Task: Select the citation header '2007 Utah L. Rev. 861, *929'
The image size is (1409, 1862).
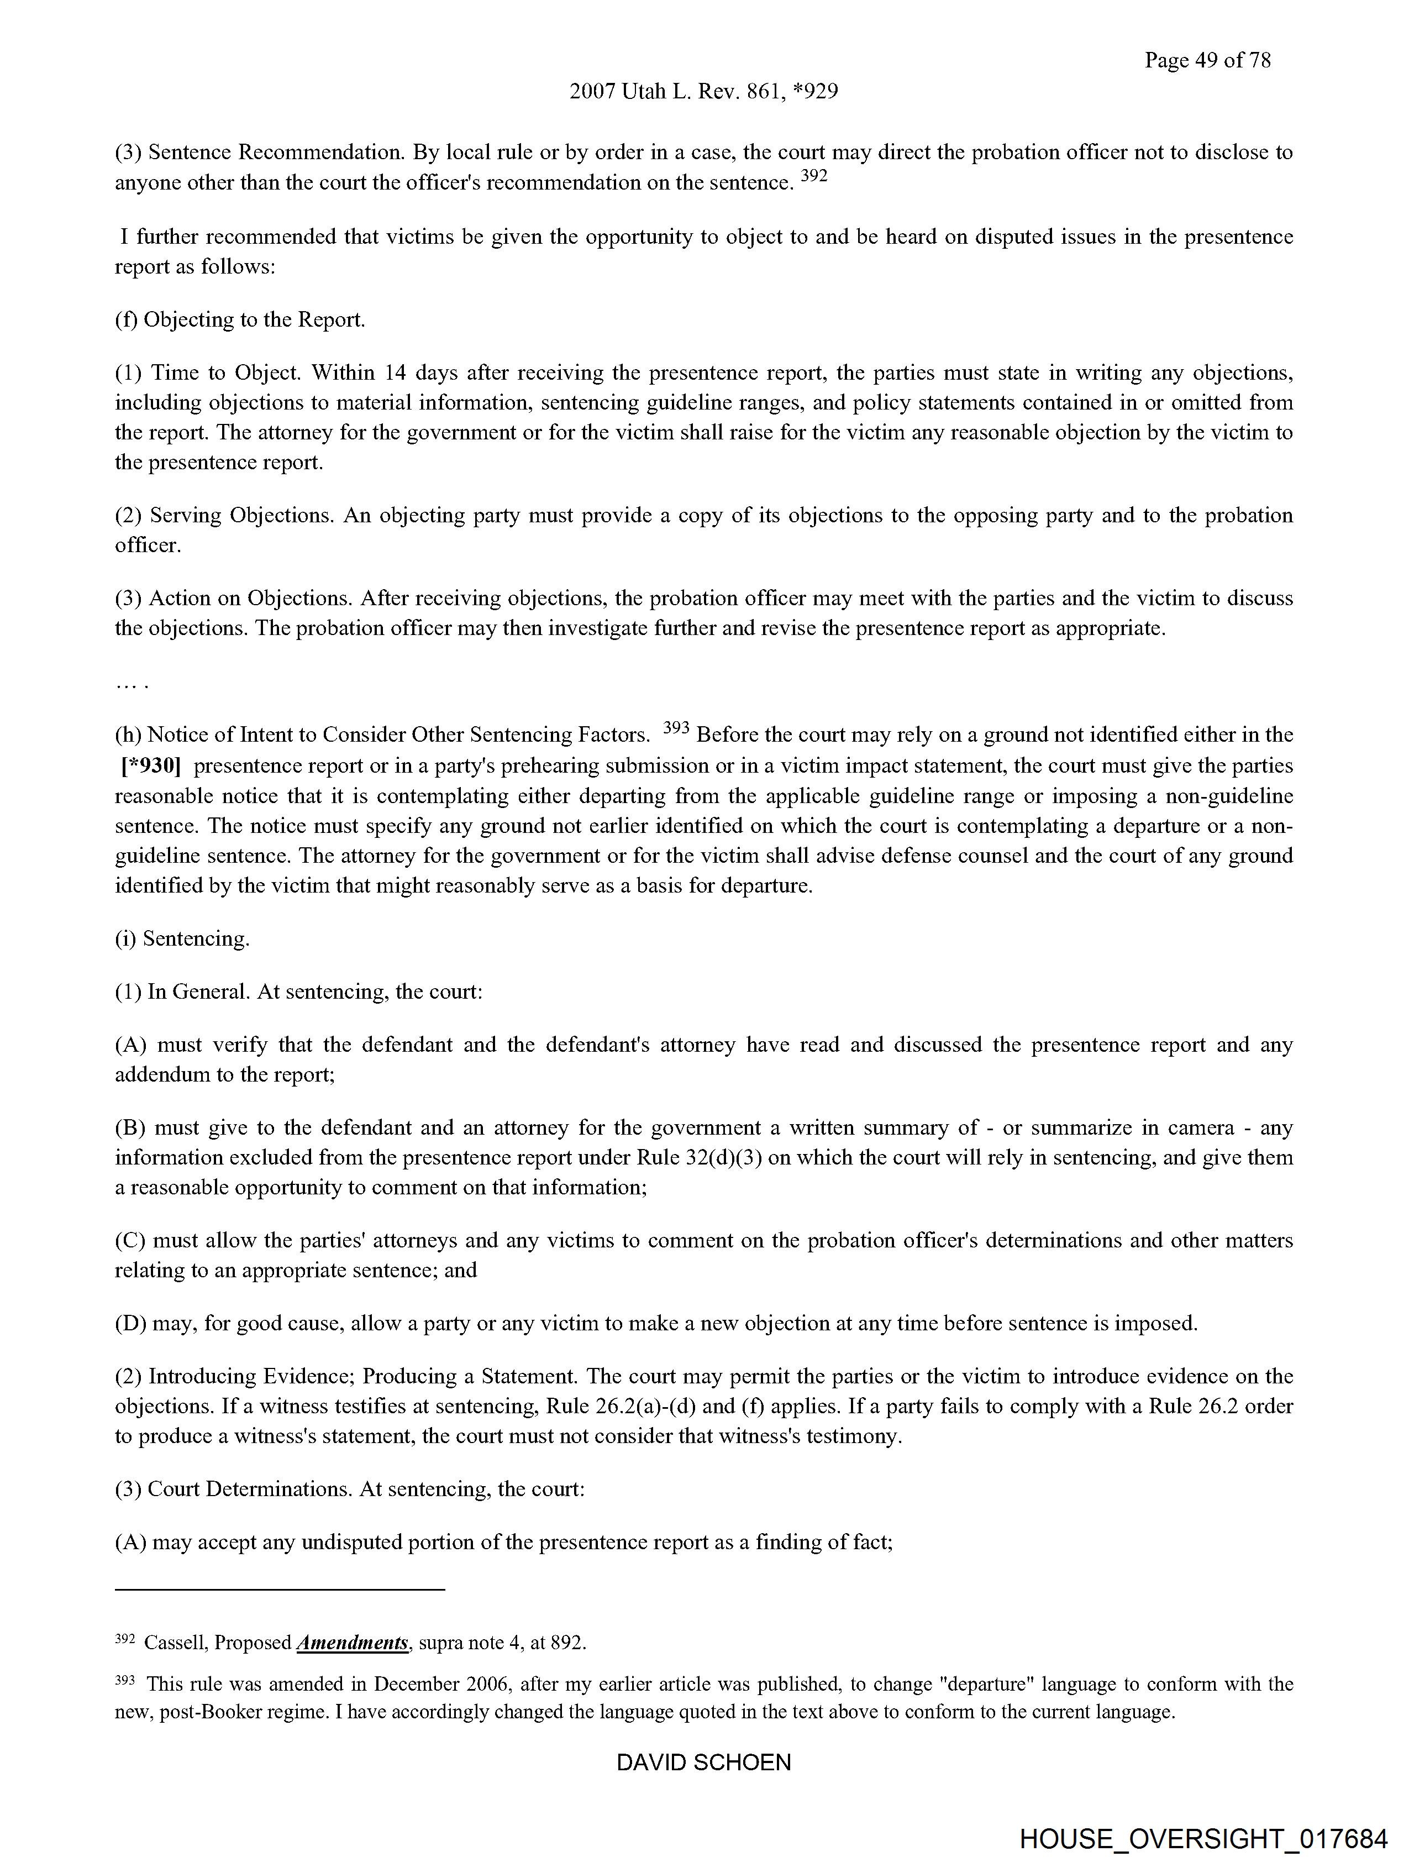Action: pyautogui.click(x=703, y=91)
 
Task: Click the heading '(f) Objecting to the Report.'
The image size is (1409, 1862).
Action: pyautogui.click(x=240, y=320)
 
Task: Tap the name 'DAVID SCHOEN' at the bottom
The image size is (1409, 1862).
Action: pyautogui.click(x=703, y=1762)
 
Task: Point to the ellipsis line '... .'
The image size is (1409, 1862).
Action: pyautogui.click(x=132, y=684)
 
